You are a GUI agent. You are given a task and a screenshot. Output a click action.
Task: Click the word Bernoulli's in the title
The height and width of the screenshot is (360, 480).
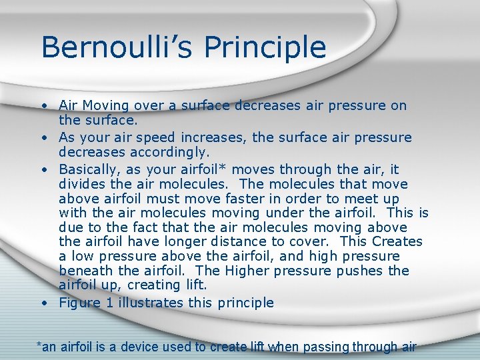117,47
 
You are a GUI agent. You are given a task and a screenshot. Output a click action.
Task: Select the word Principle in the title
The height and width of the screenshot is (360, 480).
265,47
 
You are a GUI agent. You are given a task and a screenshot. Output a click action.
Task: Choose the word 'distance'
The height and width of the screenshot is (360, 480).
259,241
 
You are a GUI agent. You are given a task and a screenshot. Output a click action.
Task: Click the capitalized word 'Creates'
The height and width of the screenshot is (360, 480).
397,241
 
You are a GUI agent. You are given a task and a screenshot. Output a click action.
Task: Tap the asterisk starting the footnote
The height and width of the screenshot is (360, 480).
38,344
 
